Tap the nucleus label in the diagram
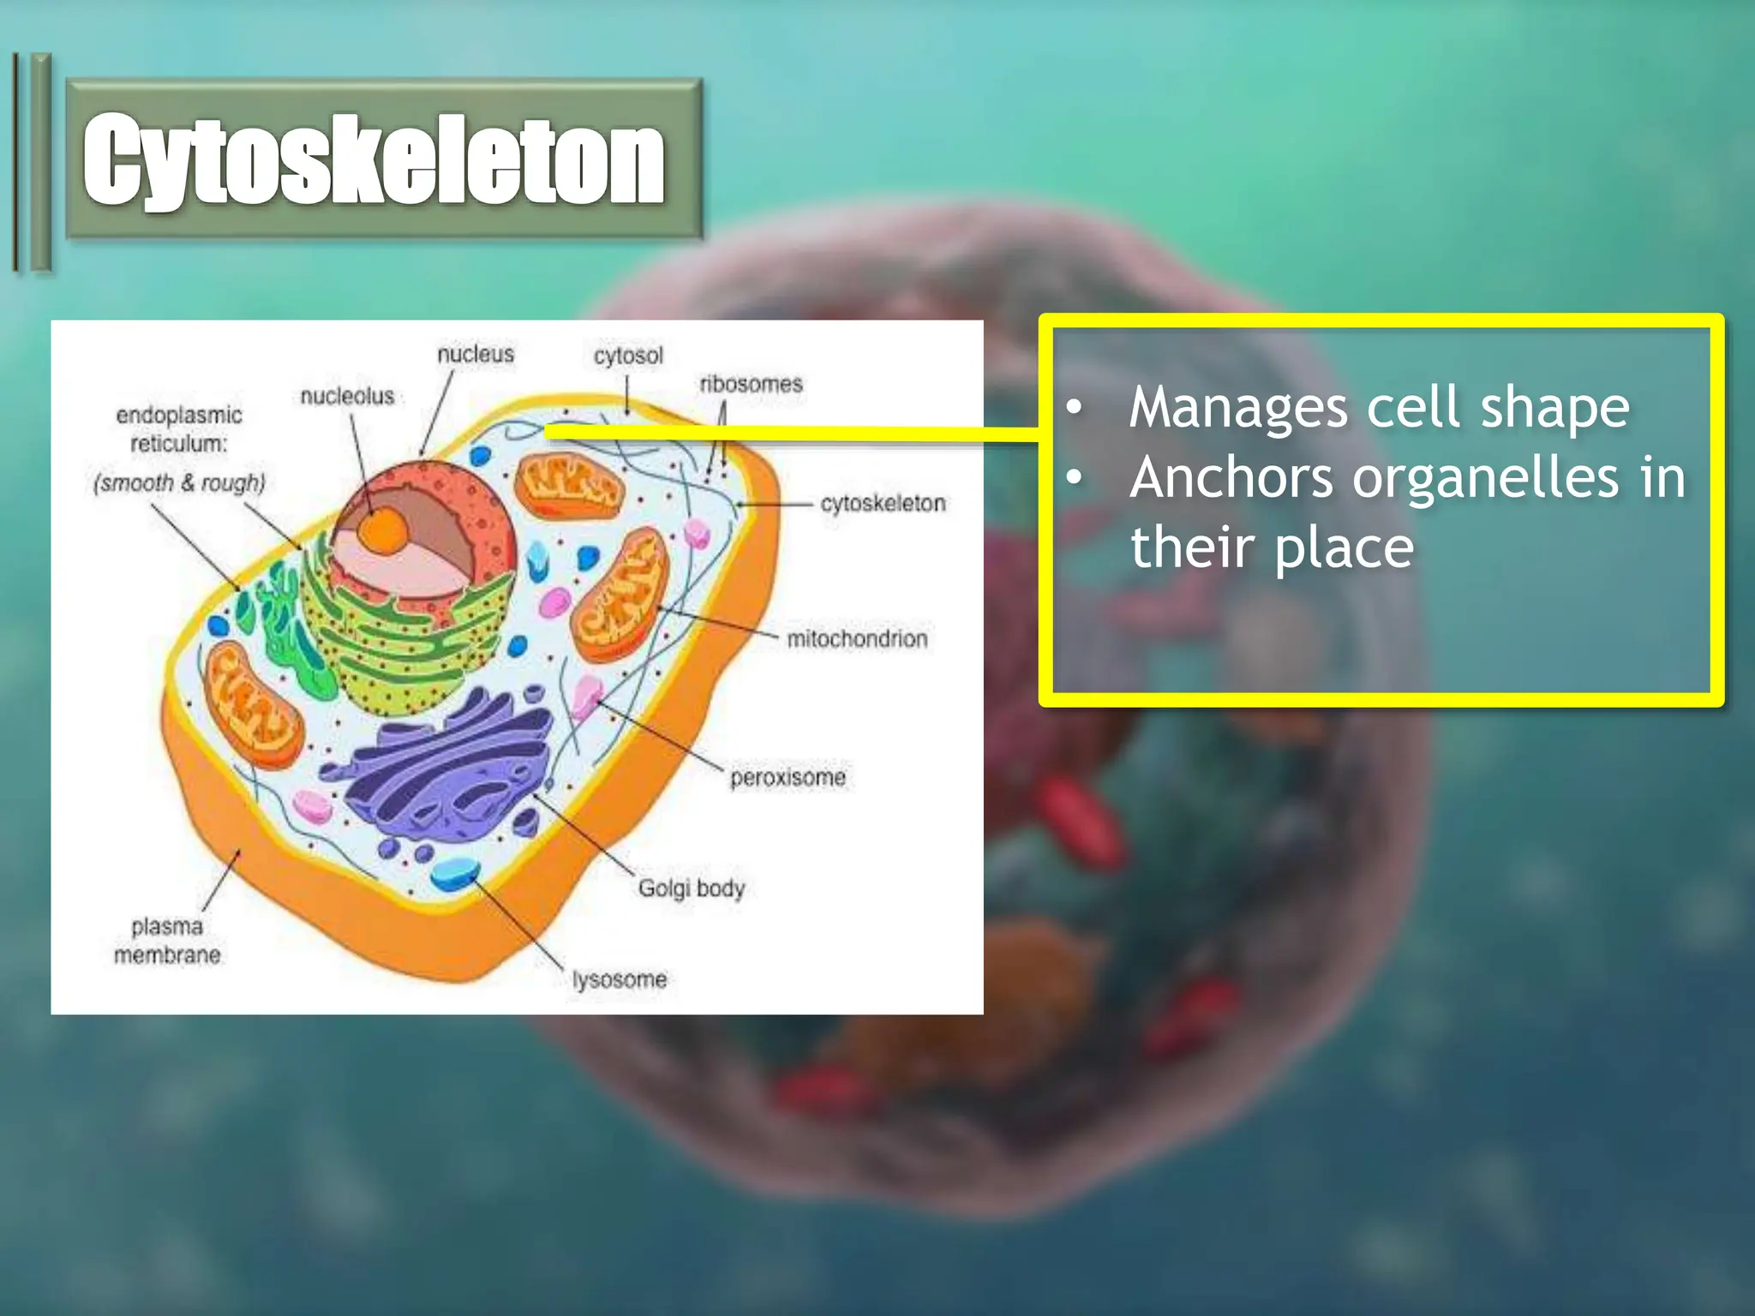[476, 354]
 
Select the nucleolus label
[347, 396]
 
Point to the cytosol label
[628, 355]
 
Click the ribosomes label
[751, 384]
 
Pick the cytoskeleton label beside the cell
[883, 503]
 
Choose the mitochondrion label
[857, 638]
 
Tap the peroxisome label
[788, 777]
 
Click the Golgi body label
[691, 888]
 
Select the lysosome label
[620, 978]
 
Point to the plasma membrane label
[167, 940]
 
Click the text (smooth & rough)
[179, 483]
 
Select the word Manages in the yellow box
[1238, 408]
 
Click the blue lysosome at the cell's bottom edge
[454, 874]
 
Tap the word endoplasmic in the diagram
[179, 416]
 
